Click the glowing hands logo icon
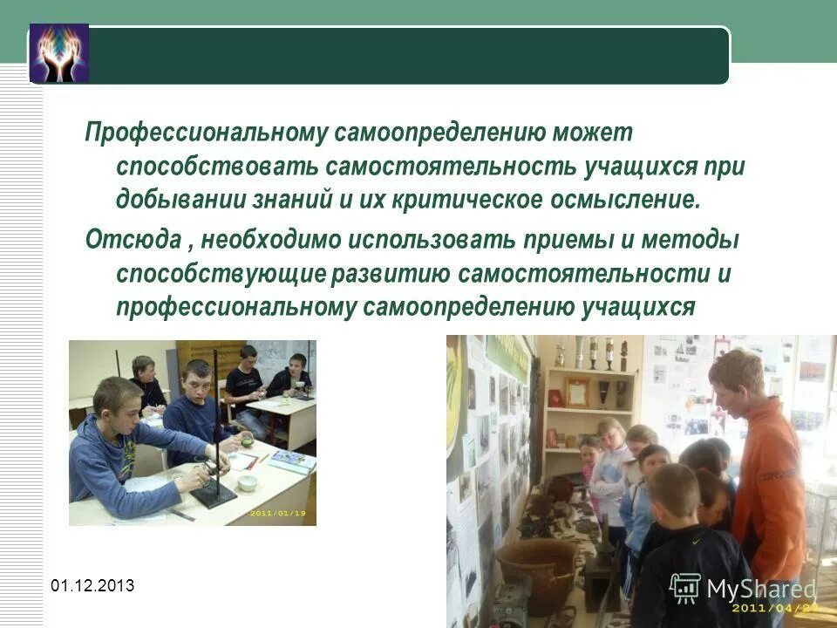coord(59,53)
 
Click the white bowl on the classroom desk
coord(248,482)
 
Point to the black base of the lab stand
coord(213,495)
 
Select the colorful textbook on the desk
coord(293,461)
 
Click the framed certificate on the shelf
coord(576,392)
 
